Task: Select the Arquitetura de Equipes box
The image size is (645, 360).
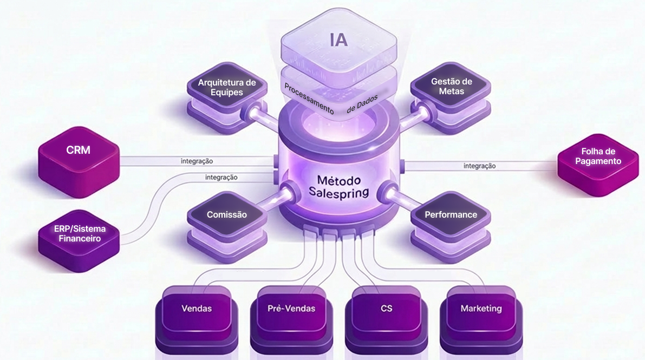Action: [226, 88]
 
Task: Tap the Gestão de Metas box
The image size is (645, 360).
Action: [451, 87]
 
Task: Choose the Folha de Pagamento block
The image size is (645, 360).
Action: [601, 157]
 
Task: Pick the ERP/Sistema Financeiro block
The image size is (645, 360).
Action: [80, 233]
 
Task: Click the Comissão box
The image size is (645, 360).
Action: [226, 215]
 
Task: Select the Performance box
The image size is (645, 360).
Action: [451, 215]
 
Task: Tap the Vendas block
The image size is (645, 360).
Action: [197, 309]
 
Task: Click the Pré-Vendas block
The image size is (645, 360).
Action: [291, 309]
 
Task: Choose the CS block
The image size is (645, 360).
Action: [386, 309]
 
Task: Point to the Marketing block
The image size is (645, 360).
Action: [481, 309]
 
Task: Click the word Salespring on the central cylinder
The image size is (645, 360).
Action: [338, 192]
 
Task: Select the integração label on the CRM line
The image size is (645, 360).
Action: [197, 161]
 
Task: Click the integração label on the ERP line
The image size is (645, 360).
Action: [221, 177]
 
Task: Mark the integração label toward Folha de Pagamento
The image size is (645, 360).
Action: [479, 166]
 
